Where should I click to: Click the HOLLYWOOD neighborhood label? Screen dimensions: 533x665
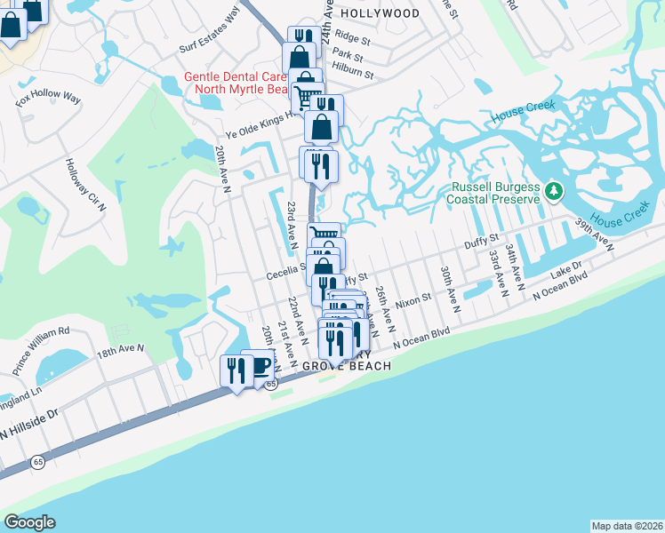(381, 13)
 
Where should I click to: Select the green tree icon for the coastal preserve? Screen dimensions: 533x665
(554, 190)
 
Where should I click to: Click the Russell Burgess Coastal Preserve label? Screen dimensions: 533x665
(496, 194)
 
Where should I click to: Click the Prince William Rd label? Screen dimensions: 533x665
(41, 348)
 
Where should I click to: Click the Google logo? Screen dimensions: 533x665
(30, 522)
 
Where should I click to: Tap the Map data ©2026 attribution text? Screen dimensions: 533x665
(627, 526)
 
